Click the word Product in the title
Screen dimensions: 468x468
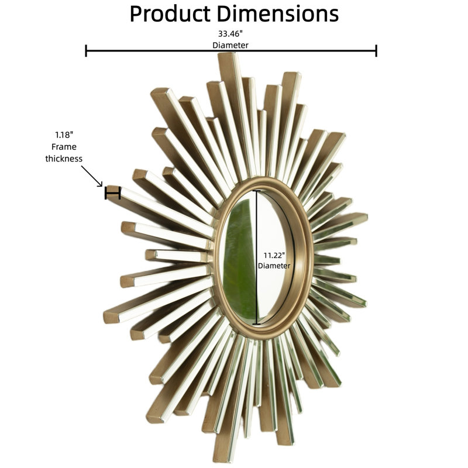pyautogui.click(x=170, y=14)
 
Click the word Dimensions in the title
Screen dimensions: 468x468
pyautogui.click(x=277, y=13)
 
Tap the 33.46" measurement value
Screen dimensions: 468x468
pyautogui.click(x=230, y=34)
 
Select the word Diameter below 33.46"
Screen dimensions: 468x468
pyautogui.click(x=230, y=46)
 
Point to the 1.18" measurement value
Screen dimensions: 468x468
pyautogui.click(x=64, y=135)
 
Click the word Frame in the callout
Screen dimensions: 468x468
pyautogui.click(x=64, y=147)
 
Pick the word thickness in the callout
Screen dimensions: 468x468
pyautogui.click(x=64, y=159)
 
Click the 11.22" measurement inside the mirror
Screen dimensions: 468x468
pyautogui.click(x=274, y=256)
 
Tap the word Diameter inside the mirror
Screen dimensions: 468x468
pyautogui.click(x=274, y=266)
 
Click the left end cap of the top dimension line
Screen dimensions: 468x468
pyautogui.click(x=86, y=51)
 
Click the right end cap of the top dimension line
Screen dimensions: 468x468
pyautogui.click(x=376, y=51)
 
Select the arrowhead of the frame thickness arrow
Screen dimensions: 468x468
pyautogui.click(x=100, y=185)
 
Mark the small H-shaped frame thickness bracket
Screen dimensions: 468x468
pyautogui.click(x=112, y=193)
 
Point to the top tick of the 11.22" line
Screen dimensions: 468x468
pyautogui.click(x=256, y=191)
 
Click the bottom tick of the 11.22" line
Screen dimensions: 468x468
pyautogui.click(x=256, y=324)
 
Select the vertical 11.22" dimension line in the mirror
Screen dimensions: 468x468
pyautogui.click(x=256, y=257)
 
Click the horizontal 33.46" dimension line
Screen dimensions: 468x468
pyautogui.click(x=231, y=51)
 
